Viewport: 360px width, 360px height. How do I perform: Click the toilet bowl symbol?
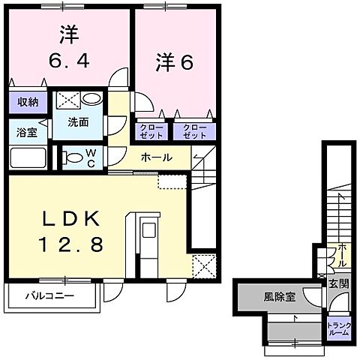pyautogui.click(x=73, y=158)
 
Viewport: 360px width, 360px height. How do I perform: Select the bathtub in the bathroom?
pyautogui.click(x=29, y=158)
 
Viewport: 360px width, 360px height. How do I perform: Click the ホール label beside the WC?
pyautogui.click(x=157, y=158)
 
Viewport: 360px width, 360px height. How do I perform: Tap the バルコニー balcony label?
pyautogui.click(x=52, y=296)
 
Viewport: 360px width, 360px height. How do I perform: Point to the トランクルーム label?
pyautogui.click(x=337, y=328)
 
